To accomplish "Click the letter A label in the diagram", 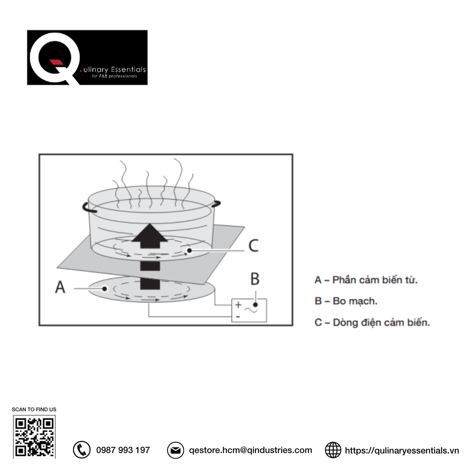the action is point(60,287).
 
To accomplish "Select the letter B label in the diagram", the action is point(255,279).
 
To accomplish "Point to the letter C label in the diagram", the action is point(254,245).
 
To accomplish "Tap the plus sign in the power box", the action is point(238,305).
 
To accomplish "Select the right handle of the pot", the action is point(216,204).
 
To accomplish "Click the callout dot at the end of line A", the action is point(104,289).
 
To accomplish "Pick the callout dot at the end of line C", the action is point(189,250).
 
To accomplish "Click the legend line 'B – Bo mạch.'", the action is point(346,301).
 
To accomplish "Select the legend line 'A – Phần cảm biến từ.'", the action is point(366,280).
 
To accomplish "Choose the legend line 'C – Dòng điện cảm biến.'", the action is point(372,322).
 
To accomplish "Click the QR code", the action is point(34,437).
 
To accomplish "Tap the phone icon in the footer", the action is point(81,450).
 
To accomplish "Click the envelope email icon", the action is point(175,450).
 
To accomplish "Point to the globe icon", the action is point(333,450).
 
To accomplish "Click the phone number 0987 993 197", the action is point(123,450).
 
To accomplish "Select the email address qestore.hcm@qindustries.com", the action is point(251,450).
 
